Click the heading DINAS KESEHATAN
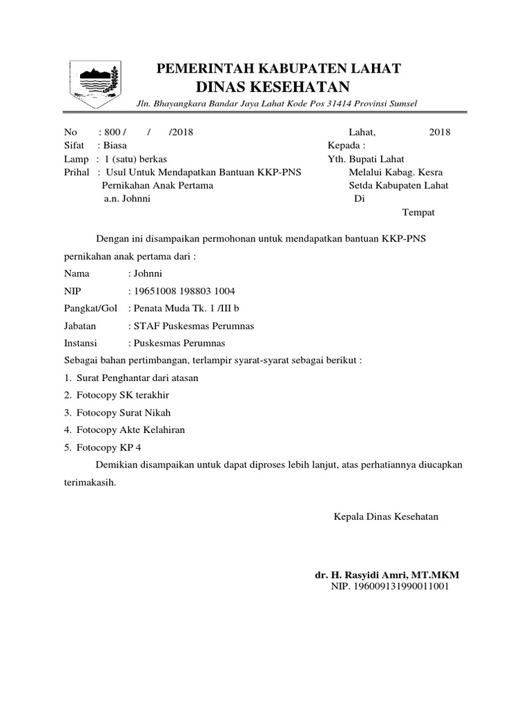coord(273,87)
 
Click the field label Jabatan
coord(80,326)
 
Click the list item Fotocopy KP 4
coord(109,447)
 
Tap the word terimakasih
coord(90,483)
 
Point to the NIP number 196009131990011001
coord(391,587)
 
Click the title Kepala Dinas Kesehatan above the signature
coord(386,516)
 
